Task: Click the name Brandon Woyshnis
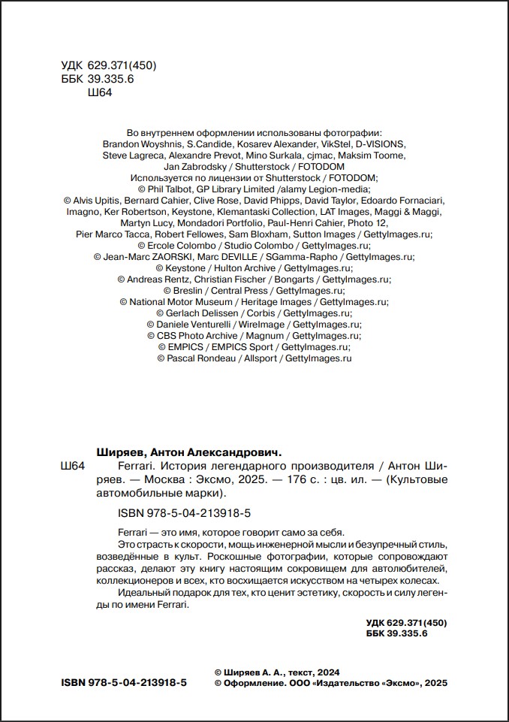pyautogui.click(x=141, y=143)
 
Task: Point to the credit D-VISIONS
pyautogui.click(x=381, y=143)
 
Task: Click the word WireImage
pyautogui.click(x=263, y=325)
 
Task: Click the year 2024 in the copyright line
pyautogui.click(x=329, y=672)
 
